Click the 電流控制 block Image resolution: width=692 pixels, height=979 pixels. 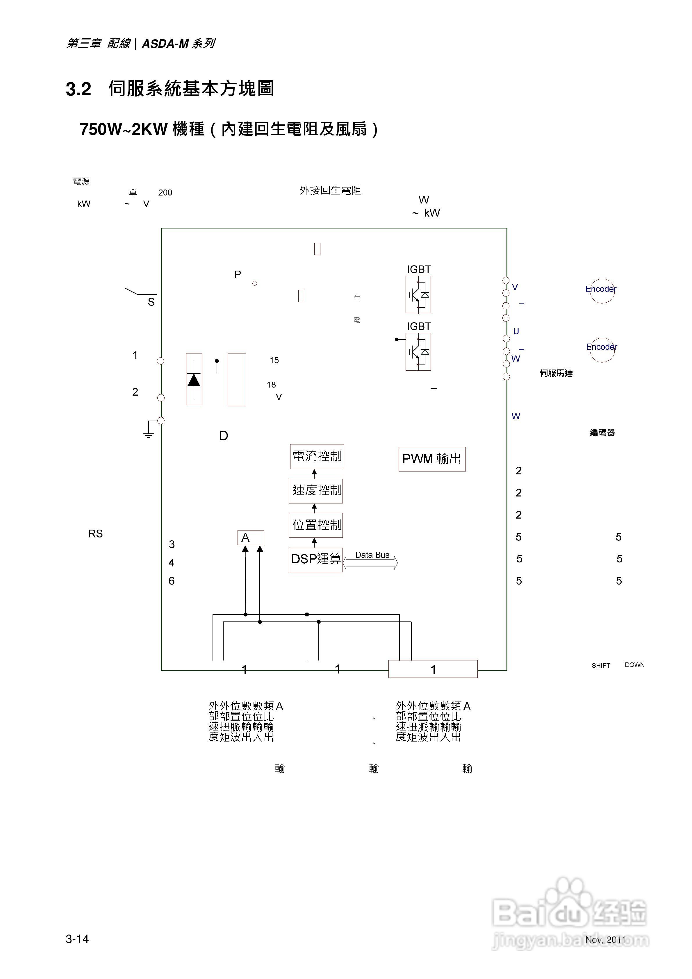317,456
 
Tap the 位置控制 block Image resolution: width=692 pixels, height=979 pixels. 316,525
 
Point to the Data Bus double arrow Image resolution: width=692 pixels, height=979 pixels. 370,563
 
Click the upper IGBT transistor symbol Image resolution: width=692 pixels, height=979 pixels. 418,295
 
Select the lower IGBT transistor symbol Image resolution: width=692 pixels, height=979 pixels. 418,352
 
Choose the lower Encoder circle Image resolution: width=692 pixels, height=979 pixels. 602,349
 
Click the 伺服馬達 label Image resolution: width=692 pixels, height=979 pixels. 556,373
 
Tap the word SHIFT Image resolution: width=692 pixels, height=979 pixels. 601,666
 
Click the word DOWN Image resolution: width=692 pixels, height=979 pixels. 634,665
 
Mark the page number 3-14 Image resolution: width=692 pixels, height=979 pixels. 77,939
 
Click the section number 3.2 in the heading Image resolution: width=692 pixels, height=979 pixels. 79,89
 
